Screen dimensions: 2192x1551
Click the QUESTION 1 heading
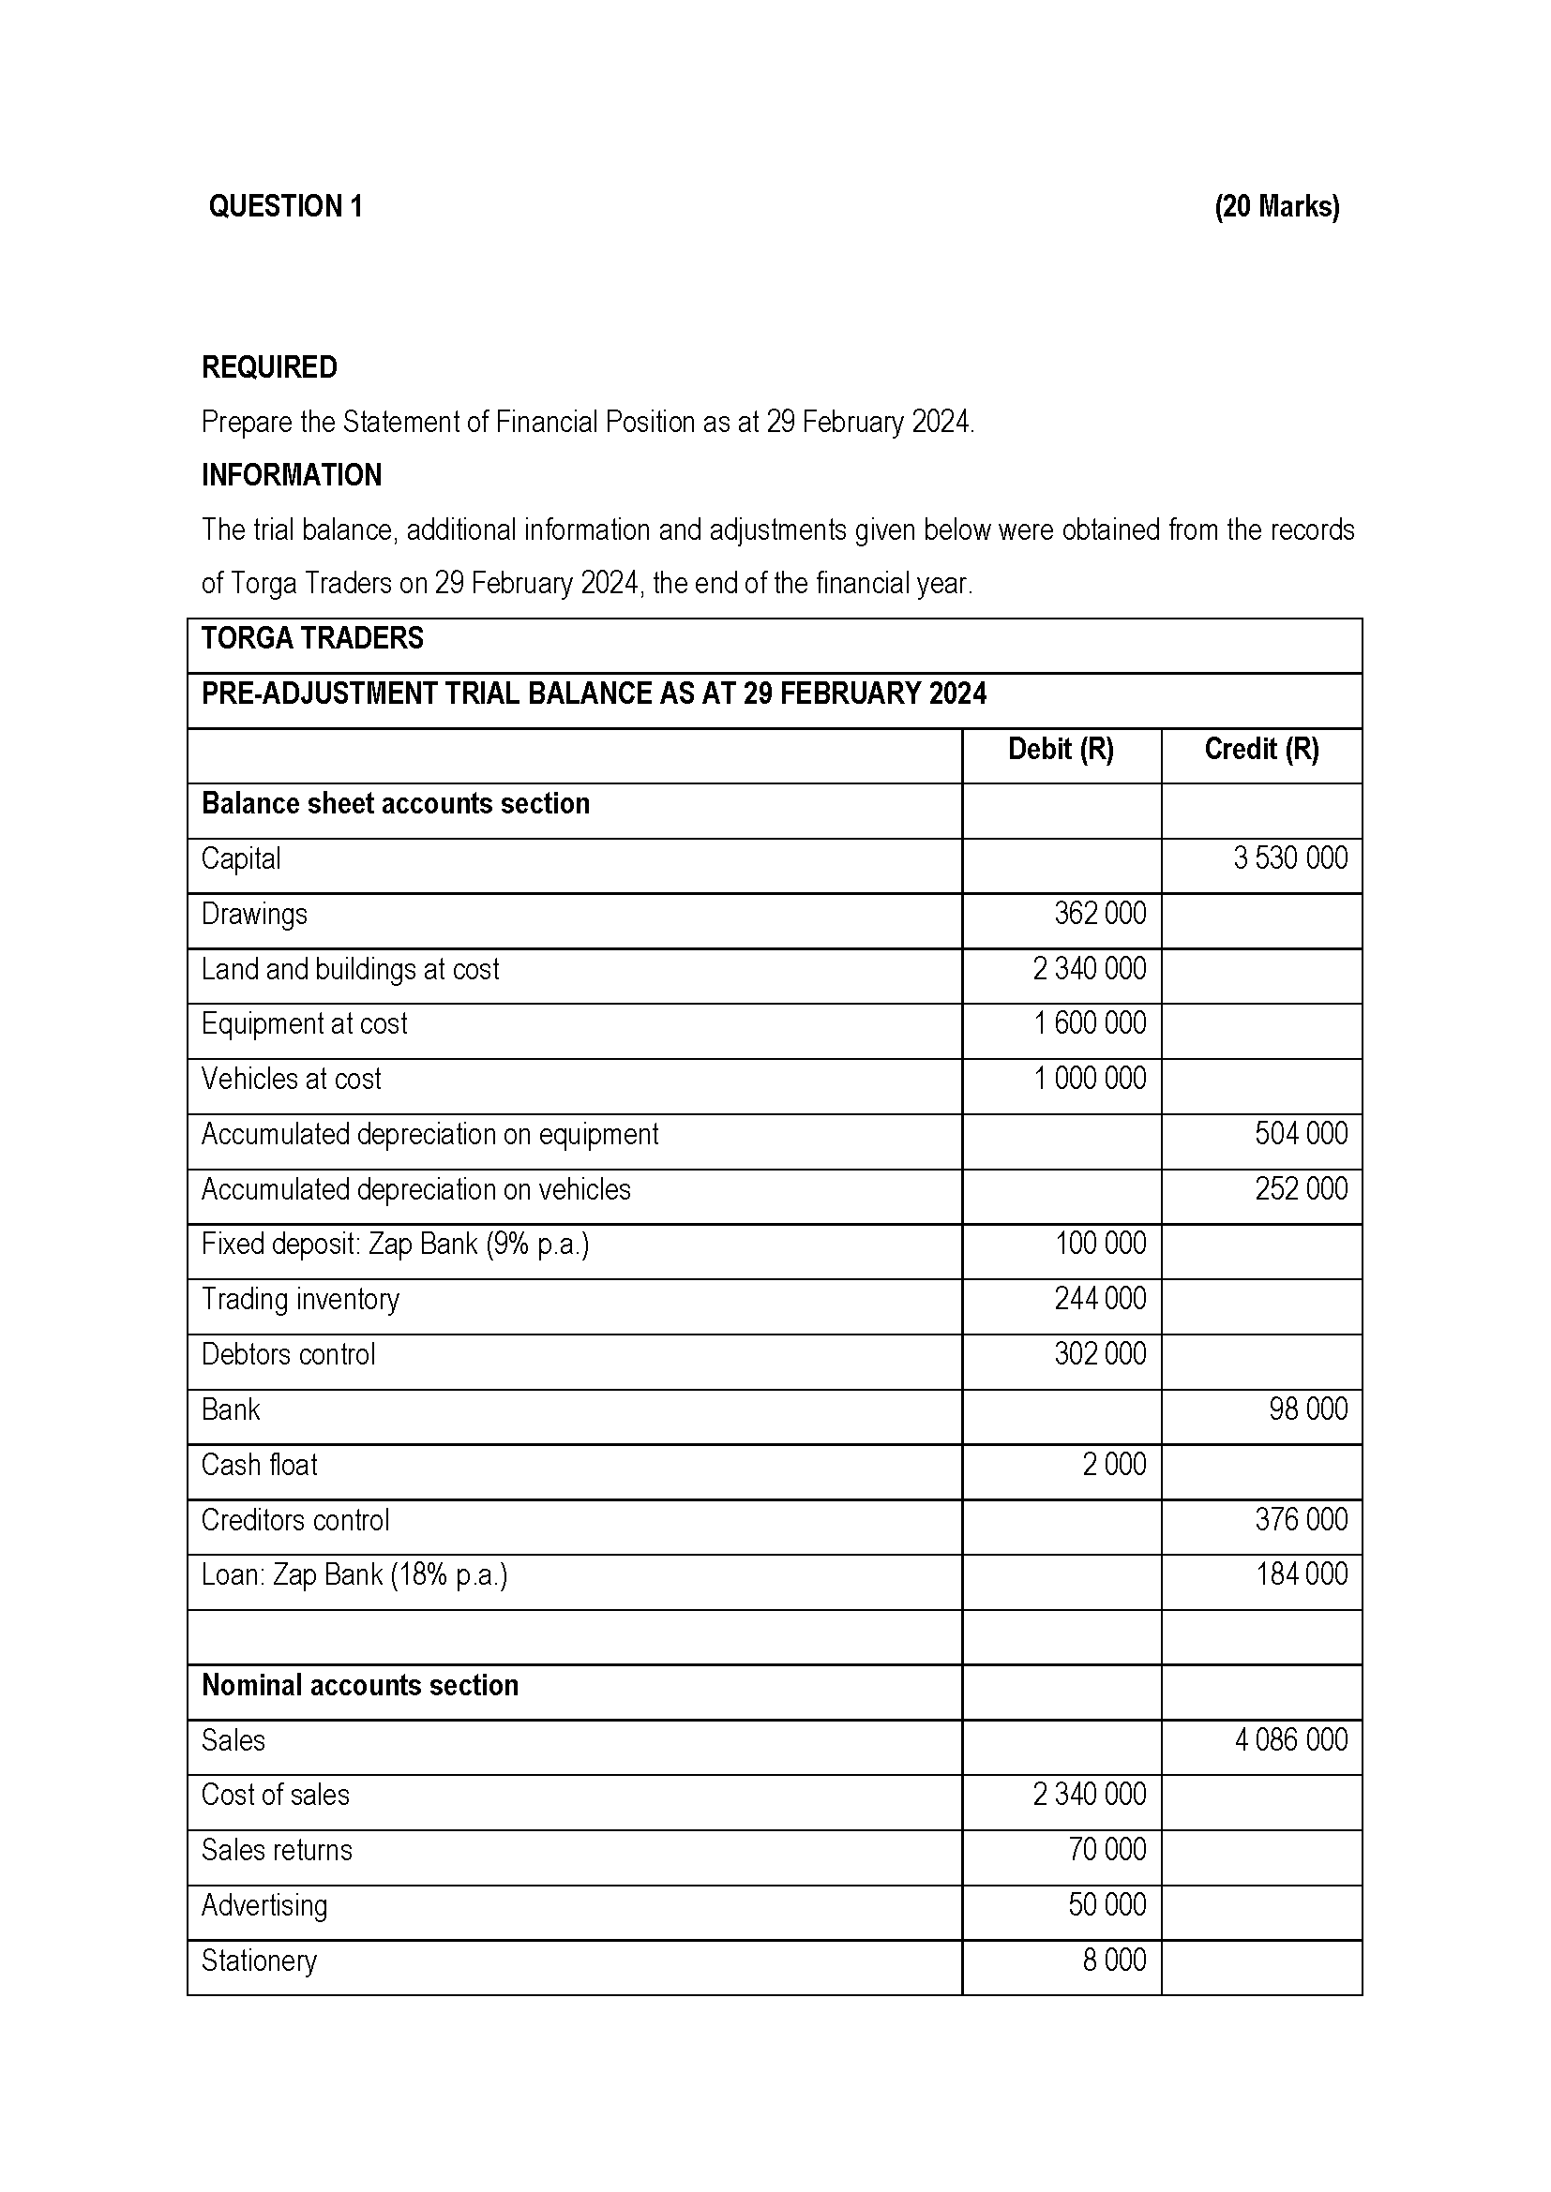click(x=286, y=206)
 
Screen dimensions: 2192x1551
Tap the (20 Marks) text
click(x=1276, y=206)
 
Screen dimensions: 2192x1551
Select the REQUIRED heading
click(x=268, y=367)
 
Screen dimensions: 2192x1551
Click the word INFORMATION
click(x=292, y=475)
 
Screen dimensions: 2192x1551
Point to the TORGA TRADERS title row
click(x=312, y=639)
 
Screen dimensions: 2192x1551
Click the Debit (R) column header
click(x=1061, y=750)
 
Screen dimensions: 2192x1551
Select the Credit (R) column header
click(x=1260, y=750)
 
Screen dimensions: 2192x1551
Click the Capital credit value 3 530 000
click(x=1289, y=858)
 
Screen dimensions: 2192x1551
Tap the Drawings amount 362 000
click(x=1099, y=914)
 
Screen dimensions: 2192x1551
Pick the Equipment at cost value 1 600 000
click(x=1089, y=1023)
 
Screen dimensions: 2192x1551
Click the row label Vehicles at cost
click(x=291, y=1079)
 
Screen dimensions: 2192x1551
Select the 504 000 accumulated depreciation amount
click(x=1301, y=1134)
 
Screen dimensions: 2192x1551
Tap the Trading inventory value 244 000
click(x=1099, y=1299)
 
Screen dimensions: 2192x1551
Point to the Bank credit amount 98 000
click(x=1307, y=1409)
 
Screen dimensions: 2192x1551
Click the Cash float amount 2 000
click(x=1114, y=1465)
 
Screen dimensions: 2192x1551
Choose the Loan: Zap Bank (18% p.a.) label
click(x=354, y=1574)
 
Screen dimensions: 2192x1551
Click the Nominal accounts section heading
click(x=359, y=1685)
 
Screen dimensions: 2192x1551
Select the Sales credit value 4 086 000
click(x=1290, y=1739)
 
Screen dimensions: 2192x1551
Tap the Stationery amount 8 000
click(x=1114, y=1960)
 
